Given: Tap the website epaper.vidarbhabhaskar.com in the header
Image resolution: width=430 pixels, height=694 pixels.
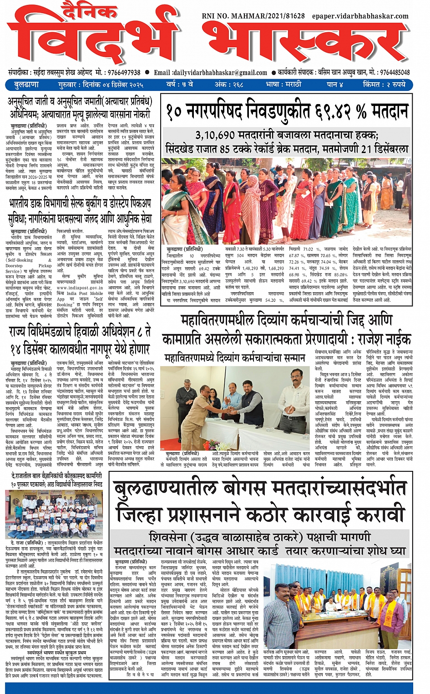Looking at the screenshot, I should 360,16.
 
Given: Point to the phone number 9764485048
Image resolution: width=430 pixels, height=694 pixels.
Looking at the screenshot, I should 395,73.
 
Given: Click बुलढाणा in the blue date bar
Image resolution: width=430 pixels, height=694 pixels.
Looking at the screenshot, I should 27,85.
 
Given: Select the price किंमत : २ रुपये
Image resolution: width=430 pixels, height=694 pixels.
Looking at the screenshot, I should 384,85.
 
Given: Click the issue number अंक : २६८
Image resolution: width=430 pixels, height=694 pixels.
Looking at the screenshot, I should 228,85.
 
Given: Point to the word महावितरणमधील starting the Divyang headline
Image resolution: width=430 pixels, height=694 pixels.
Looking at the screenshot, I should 218,320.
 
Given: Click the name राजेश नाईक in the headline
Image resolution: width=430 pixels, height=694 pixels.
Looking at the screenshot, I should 384,339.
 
